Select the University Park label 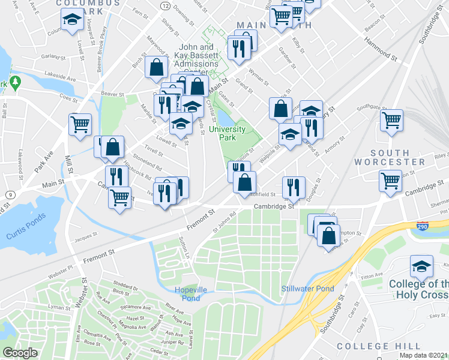click(228, 133)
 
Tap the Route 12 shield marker click(164, 5)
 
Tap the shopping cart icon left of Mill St click(80, 124)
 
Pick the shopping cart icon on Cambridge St click(391, 179)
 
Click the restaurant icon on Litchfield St click(294, 187)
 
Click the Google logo click(20, 353)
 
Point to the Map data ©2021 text click(423, 355)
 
